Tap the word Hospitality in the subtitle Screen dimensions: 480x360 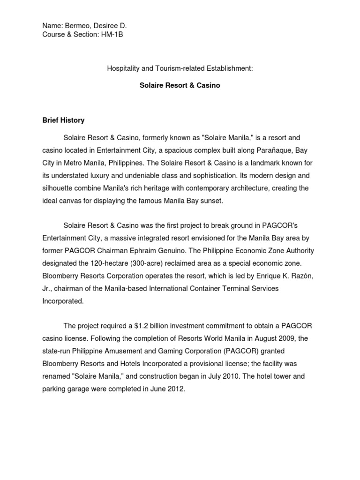click(124, 68)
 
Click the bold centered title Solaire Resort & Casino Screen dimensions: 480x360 click(180, 86)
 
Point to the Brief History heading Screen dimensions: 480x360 click(63, 120)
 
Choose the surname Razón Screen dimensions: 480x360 click(299, 276)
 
